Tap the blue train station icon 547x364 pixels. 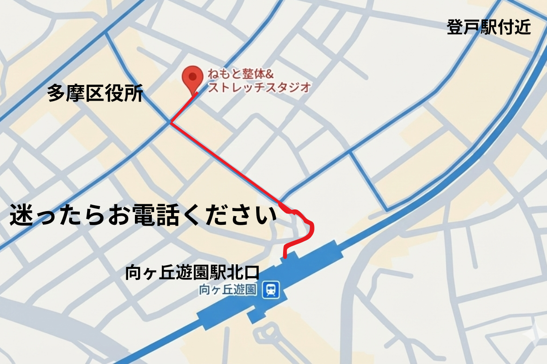(271, 289)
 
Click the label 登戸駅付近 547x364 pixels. (488, 28)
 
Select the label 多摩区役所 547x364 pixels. (95, 95)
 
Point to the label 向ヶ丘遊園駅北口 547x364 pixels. (192, 273)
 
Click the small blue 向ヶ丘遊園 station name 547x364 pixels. (228, 289)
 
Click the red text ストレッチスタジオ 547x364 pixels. (258, 87)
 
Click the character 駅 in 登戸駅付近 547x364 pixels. (488, 28)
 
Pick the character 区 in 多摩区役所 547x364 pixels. (95, 95)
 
